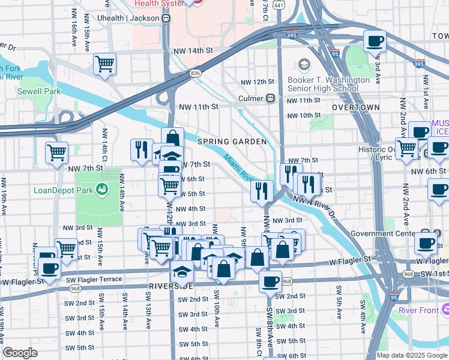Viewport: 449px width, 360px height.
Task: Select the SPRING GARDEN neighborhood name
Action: (x=232, y=142)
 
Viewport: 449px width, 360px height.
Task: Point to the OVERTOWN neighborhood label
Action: (x=356, y=107)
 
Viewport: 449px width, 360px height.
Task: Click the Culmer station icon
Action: (x=271, y=97)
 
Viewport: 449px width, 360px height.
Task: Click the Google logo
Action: (x=20, y=353)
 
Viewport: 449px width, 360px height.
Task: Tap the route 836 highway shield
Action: (x=196, y=73)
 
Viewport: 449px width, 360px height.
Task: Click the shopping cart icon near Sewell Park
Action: (x=105, y=65)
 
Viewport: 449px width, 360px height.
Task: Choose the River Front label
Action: (x=418, y=310)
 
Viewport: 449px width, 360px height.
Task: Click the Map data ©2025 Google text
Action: (x=411, y=355)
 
